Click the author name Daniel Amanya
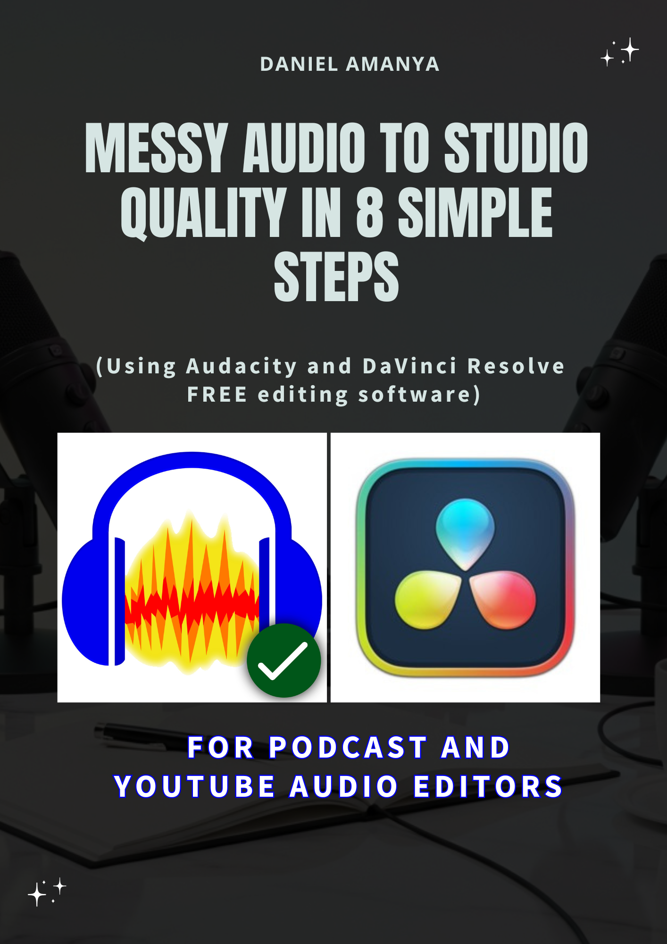point(350,64)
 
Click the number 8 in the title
point(369,212)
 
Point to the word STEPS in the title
point(336,277)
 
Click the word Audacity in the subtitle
point(242,366)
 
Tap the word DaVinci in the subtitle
point(409,366)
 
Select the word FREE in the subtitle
point(217,395)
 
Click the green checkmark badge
point(283,660)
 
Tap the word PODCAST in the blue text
point(348,748)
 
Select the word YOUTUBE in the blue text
point(194,787)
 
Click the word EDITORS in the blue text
point(488,787)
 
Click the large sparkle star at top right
point(630,49)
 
